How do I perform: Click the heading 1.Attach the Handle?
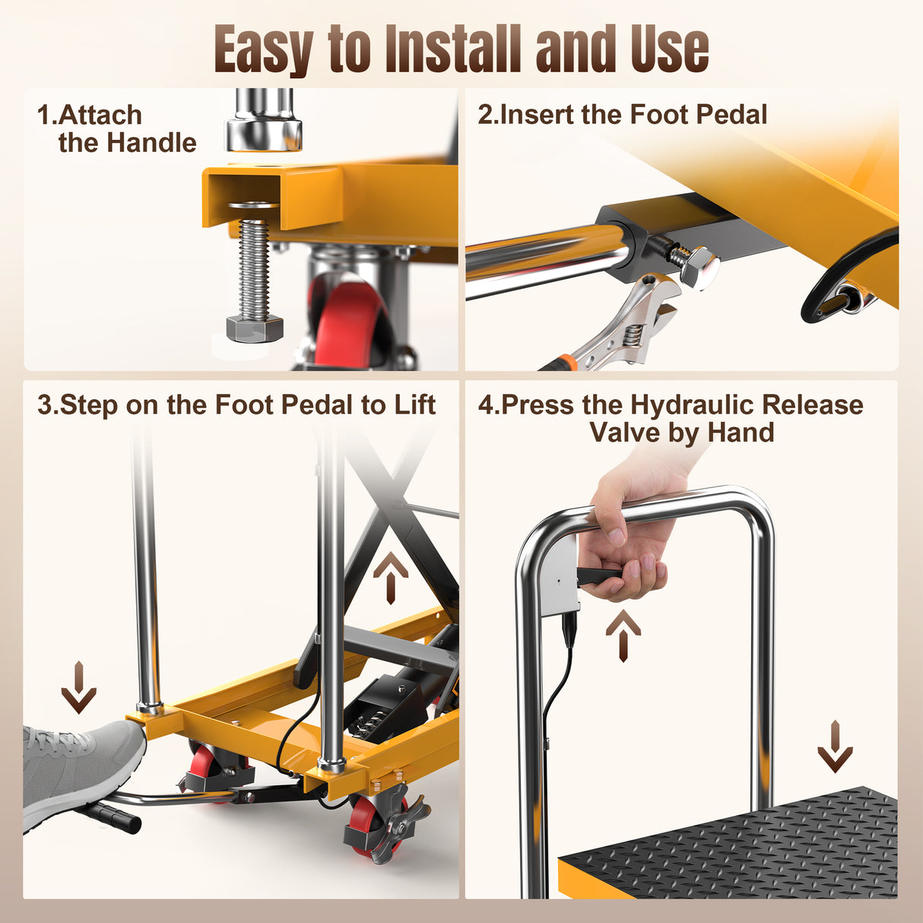coord(116,129)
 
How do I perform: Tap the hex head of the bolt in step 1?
coord(255,328)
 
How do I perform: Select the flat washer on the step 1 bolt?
coord(253,206)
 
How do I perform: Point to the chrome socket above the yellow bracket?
coord(263,122)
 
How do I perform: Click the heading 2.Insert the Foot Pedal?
coord(622,115)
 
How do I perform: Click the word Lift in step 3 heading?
coord(414,405)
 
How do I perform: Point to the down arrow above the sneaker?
coord(78,687)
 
